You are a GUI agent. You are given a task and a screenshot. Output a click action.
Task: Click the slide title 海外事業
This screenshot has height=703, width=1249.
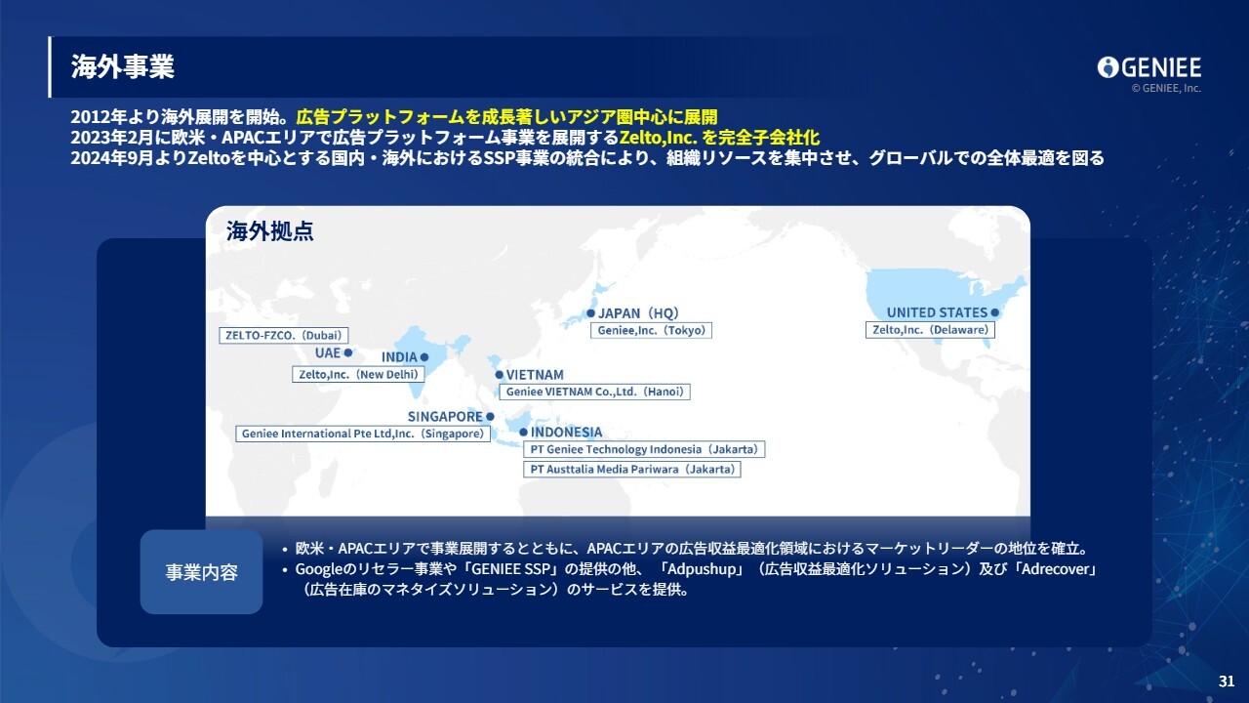pyautogui.click(x=122, y=67)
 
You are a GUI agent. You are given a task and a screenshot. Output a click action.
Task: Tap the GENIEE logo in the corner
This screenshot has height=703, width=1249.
pyautogui.click(x=1149, y=68)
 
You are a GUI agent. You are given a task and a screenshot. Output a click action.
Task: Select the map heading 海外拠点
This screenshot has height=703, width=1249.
pyautogui.click(x=270, y=231)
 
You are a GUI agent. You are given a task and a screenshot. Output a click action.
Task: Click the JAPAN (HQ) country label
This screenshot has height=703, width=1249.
pyautogui.click(x=638, y=313)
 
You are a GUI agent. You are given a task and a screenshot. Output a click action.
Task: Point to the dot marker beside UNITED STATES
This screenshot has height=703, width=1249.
pyautogui.click(x=994, y=312)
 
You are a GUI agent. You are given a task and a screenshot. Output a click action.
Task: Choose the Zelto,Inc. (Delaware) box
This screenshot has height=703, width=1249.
pyautogui.click(x=930, y=330)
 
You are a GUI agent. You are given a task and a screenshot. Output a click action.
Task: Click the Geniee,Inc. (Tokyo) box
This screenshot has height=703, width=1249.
pyautogui.click(x=651, y=330)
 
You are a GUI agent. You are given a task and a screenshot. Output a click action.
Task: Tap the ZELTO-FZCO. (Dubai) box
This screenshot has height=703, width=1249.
pyautogui.click(x=283, y=335)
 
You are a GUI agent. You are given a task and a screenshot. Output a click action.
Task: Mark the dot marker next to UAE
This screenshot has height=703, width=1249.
pyautogui.click(x=348, y=352)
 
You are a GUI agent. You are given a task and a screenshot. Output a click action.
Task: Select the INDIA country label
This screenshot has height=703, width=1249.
pyautogui.click(x=399, y=357)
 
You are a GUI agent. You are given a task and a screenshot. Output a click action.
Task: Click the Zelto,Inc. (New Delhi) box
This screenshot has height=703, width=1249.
pyautogui.click(x=358, y=374)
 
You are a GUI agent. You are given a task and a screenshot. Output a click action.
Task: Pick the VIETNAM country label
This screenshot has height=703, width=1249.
pyautogui.click(x=535, y=375)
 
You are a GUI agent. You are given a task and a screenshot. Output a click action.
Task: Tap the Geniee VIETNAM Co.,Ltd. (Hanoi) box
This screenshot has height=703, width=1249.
pyautogui.click(x=594, y=392)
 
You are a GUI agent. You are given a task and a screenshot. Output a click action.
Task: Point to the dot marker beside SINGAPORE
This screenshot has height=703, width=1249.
pyautogui.click(x=490, y=416)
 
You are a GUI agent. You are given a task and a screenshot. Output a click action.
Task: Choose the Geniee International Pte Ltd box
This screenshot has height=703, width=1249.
pyautogui.click(x=363, y=434)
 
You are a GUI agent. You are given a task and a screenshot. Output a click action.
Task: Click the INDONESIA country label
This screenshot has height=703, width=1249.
pyautogui.click(x=567, y=432)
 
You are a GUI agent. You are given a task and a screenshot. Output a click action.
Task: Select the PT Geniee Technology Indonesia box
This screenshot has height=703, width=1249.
pyautogui.click(x=644, y=449)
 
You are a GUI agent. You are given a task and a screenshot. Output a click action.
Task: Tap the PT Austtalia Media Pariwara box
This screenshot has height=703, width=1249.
pyautogui.click(x=631, y=470)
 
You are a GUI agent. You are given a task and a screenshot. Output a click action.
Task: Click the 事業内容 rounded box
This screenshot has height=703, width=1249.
pyautogui.click(x=201, y=572)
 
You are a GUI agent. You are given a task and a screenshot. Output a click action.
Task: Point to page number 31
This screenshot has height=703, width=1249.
pyautogui.click(x=1227, y=682)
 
